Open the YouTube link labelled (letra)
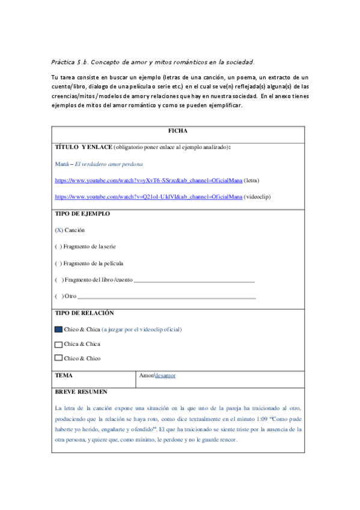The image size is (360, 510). tap(148, 180)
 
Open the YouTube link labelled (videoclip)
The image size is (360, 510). tap(148, 196)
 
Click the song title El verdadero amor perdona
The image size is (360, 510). tap(109, 164)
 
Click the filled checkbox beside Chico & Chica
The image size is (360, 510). tap(58, 330)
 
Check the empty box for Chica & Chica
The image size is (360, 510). tap(58, 345)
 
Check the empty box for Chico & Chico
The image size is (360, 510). tap(58, 359)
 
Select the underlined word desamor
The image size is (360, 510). tap(165, 376)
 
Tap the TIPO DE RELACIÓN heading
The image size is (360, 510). tap(84, 313)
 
